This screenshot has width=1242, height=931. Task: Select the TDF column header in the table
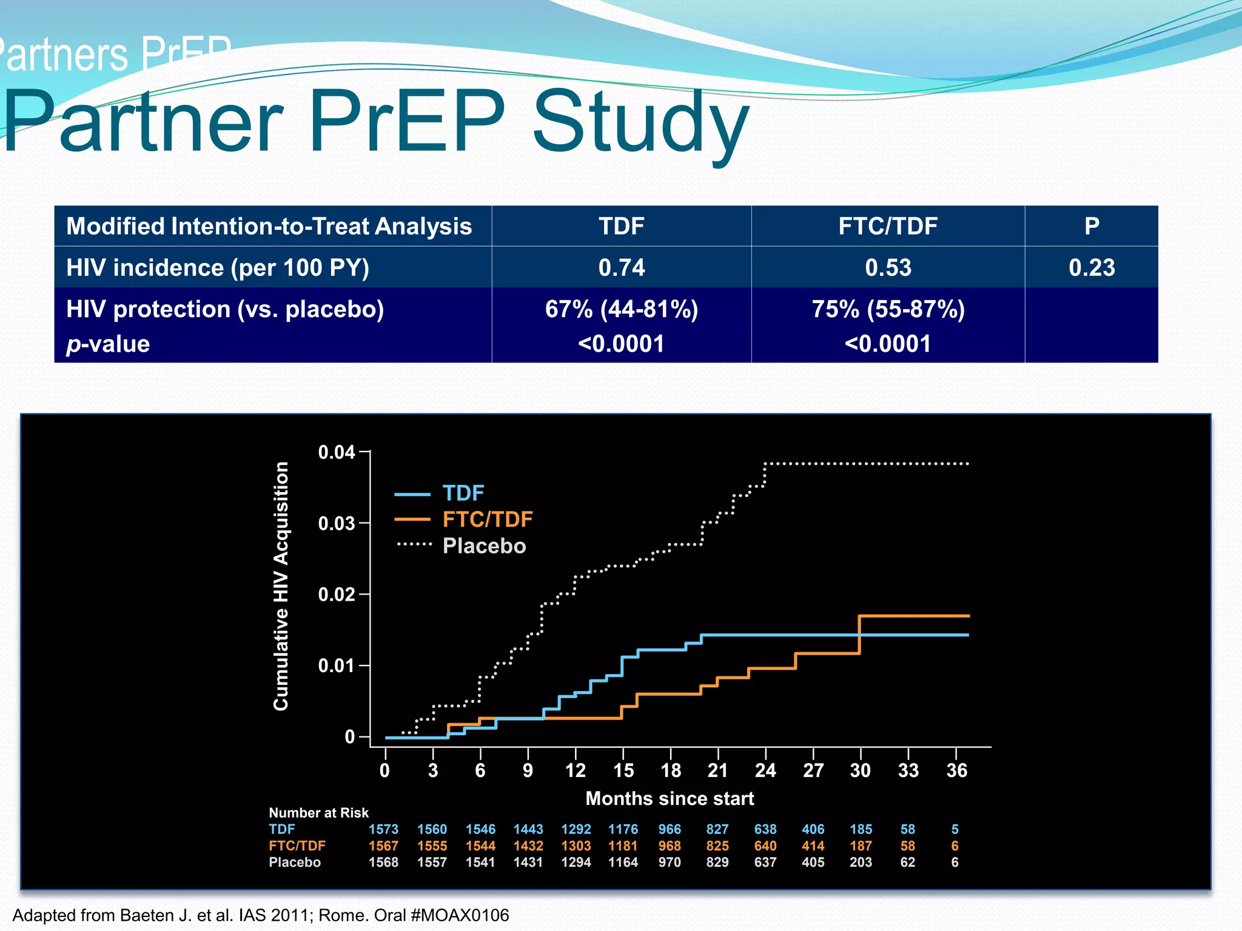point(621,226)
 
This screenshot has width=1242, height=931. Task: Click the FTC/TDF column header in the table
point(887,226)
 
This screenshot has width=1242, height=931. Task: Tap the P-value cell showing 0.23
point(1091,267)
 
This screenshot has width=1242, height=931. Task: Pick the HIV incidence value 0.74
point(621,267)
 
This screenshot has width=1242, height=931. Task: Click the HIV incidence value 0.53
point(887,267)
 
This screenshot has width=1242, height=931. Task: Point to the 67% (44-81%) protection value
point(621,309)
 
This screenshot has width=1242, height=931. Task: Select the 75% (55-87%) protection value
point(887,309)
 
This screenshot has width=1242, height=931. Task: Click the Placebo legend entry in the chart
point(483,546)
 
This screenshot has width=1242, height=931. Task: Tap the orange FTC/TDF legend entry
point(487,519)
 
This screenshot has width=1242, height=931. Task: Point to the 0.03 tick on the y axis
point(337,523)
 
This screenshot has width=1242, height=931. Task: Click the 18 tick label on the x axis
point(670,770)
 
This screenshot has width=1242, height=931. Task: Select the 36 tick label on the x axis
point(956,770)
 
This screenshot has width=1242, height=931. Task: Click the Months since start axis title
point(670,798)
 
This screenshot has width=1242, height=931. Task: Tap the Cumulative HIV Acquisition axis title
point(280,586)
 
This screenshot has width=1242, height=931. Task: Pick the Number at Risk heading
point(318,813)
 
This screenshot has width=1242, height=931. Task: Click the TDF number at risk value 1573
point(383,829)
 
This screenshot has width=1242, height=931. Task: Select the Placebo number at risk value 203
point(861,862)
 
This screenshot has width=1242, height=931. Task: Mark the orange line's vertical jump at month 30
point(859,635)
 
